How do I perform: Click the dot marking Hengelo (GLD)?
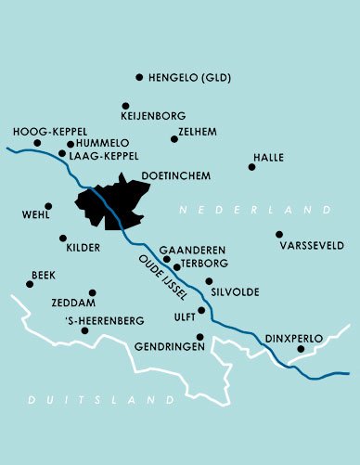(x=139, y=77)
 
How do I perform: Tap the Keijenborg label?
(x=154, y=117)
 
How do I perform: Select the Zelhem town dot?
(x=174, y=139)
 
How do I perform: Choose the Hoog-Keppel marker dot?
(x=37, y=143)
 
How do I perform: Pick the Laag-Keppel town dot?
(x=61, y=154)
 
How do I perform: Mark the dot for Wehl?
(x=48, y=206)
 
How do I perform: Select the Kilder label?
(x=83, y=249)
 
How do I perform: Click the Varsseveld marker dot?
(x=278, y=234)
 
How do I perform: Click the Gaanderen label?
(x=192, y=251)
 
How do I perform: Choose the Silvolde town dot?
(x=209, y=280)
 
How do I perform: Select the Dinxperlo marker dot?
(x=301, y=349)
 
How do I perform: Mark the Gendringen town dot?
(x=199, y=337)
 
